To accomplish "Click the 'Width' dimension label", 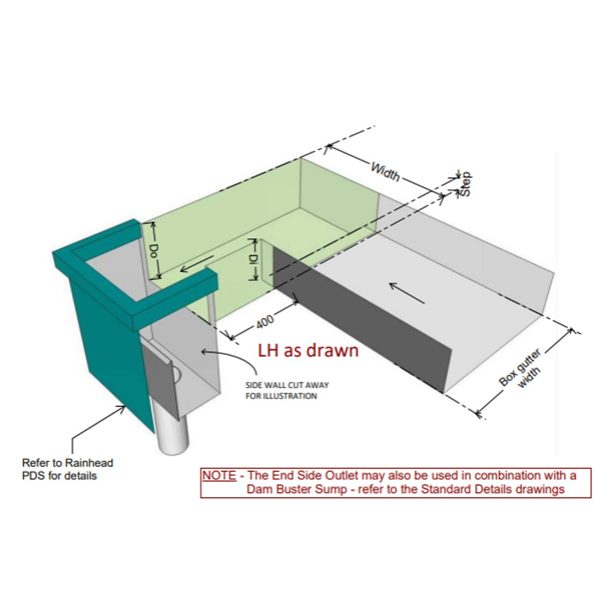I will (x=385, y=171).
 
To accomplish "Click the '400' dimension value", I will (x=265, y=322).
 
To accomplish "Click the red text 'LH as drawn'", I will (x=308, y=350).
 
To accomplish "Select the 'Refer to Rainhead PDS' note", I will (x=67, y=469).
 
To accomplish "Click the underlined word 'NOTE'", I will (x=219, y=476).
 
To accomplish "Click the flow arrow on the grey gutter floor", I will (x=407, y=291).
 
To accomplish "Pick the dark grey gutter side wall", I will (x=361, y=322).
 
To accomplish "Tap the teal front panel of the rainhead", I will (x=110, y=345).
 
